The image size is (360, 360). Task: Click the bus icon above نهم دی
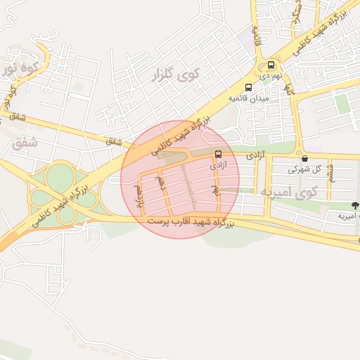pos(271,65)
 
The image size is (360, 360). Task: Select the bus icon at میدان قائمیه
pos(247,88)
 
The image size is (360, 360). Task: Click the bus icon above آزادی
pos(218,154)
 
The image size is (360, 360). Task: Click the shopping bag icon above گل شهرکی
pos(303,158)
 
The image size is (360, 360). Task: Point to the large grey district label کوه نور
pos(18,68)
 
